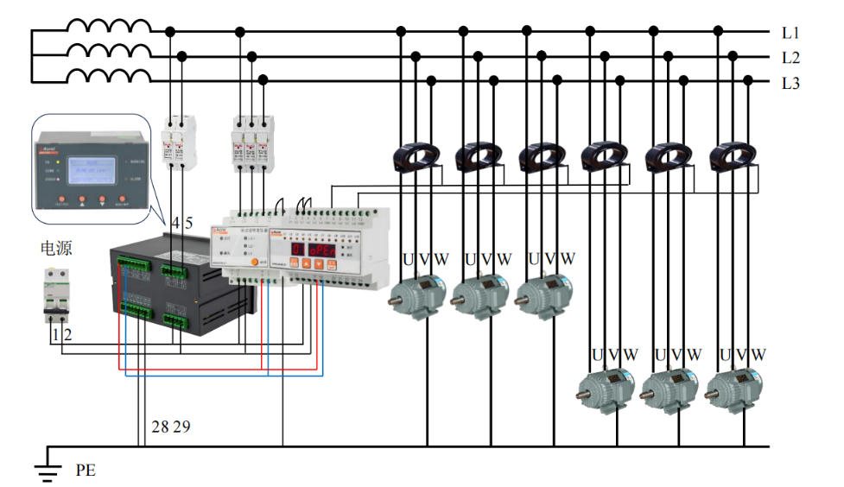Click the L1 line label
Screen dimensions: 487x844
(x=790, y=33)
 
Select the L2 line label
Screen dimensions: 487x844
(x=790, y=58)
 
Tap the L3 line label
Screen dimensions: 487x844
(x=790, y=83)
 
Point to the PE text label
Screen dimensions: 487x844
(x=86, y=471)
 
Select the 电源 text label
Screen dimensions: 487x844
(x=56, y=249)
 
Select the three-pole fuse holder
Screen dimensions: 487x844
(x=250, y=143)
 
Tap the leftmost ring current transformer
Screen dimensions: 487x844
(x=416, y=156)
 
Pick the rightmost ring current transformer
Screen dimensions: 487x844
(x=733, y=156)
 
